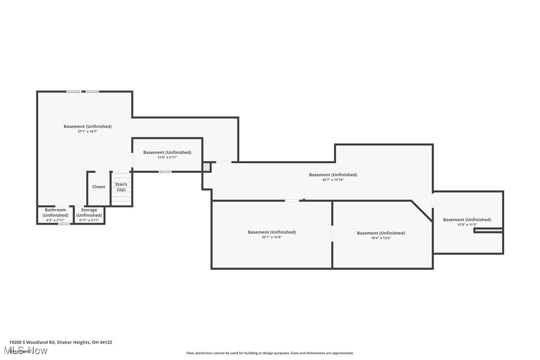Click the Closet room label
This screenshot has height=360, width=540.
(98, 187)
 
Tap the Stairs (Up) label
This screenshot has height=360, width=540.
(121, 187)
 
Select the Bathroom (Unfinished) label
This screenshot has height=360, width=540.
(55, 213)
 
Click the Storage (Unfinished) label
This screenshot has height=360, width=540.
(89, 213)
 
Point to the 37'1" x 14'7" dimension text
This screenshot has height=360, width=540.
(88, 132)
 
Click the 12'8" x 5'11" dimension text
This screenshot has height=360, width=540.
(167, 158)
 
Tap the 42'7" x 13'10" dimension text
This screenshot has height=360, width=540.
(333, 180)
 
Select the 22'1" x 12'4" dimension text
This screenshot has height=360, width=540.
(271, 238)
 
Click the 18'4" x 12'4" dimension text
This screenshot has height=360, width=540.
(381, 238)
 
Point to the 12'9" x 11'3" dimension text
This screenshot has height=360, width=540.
(467, 225)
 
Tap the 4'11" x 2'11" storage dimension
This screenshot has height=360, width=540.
(89, 220)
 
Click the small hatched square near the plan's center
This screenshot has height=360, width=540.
(206, 167)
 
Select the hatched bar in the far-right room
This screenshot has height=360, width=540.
(488, 231)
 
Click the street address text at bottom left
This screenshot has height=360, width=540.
(61, 342)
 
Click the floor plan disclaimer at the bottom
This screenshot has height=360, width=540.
(270, 353)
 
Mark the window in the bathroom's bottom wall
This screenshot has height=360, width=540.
(64, 224)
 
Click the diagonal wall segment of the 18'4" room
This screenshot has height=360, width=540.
(422, 211)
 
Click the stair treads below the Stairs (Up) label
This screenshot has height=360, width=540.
(121, 199)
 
